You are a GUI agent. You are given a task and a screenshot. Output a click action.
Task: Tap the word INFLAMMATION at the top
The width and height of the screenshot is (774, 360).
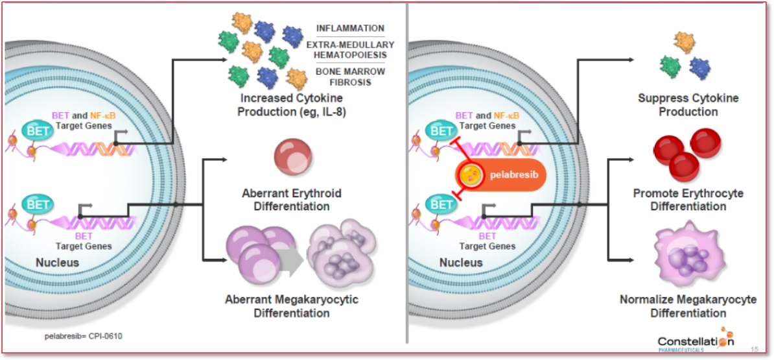point(350,29)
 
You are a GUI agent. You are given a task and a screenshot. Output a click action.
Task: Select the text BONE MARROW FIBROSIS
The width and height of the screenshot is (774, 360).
point(350,77)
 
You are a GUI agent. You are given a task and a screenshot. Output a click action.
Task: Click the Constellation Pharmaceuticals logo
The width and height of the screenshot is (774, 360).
point(696,342)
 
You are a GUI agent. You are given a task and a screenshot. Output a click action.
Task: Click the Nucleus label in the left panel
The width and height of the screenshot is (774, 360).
point(57,263)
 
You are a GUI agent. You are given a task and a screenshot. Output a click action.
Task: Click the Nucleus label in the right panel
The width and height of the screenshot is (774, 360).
point(461,263)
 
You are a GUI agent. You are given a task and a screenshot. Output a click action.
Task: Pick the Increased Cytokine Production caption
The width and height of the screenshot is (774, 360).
point(292,105)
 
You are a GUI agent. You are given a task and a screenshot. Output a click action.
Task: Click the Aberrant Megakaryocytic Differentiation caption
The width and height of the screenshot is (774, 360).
point(292,306)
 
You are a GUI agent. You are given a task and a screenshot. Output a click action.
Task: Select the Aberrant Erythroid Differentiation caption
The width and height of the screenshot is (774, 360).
point(292,200)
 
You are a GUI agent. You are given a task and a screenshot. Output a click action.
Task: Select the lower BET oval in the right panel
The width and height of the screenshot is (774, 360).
point(443,205)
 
